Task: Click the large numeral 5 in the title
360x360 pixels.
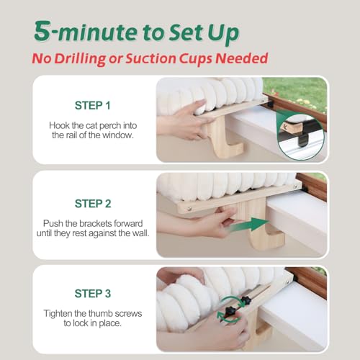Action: (42, 31)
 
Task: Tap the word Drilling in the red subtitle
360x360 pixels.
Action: (80, 59)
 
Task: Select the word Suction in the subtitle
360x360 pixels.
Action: (151, 58)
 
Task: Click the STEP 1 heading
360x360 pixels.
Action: (93, 105)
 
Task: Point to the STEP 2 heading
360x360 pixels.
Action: (93, 204)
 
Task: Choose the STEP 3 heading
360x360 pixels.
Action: (93, 294)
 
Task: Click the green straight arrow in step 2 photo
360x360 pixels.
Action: (250, 225)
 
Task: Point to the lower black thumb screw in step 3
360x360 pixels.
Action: (230, 311)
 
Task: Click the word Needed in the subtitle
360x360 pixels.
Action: (242, 58)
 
